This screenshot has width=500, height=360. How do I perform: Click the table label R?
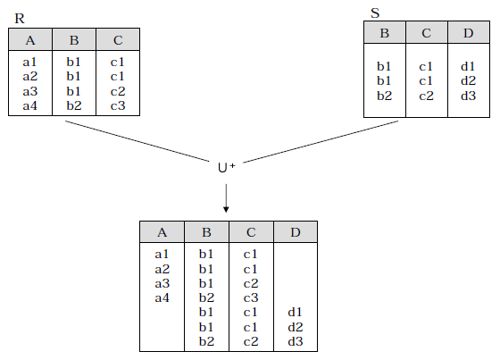tap(20, 19)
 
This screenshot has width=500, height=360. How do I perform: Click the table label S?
tap(375, 13)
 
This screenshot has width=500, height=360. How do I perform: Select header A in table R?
tap(30, 40)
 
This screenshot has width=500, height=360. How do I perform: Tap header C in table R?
tap(118, 40)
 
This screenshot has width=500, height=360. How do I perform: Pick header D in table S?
tap(468, 33)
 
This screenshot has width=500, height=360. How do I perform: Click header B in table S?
tap(385, 33)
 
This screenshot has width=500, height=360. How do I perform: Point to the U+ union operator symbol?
tap(227, 168)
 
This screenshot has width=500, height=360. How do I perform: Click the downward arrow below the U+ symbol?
tap(226, 198)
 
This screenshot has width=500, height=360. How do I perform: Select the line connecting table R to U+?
tap(137, 141)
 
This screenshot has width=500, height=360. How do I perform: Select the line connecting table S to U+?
tap(321, 142)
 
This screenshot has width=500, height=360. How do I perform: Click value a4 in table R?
tap(30, 105)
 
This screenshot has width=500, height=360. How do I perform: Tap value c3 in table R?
tap(118, 105)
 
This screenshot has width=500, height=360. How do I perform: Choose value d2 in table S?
tap(468, 80)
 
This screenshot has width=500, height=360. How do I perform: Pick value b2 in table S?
tap(384, 96)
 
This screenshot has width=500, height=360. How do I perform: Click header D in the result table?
tap(296, 232)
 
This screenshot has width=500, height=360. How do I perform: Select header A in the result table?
tap(162, 232)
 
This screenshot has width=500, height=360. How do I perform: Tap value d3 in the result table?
tap(296, 341)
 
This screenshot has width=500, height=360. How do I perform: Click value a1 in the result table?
tap(162, 255)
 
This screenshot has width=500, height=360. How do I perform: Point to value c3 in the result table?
tap(251, 297)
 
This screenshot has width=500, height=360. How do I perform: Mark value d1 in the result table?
tap(295, 312)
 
